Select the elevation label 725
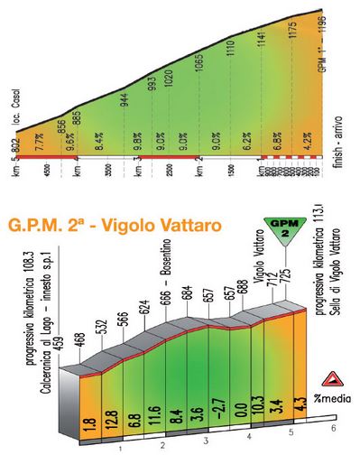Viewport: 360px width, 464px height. pos(287,271)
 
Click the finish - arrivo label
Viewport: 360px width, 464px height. pos(340,150)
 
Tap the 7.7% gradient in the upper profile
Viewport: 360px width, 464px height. pos(39,142)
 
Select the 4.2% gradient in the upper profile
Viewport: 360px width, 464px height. pos(307,142)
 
